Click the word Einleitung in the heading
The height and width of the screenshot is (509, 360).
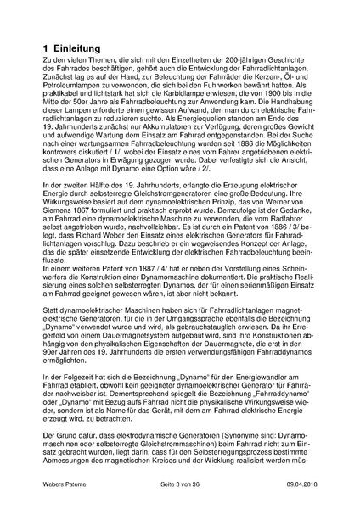(79, 51)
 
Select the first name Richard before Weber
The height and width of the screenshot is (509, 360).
(97, 253)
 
